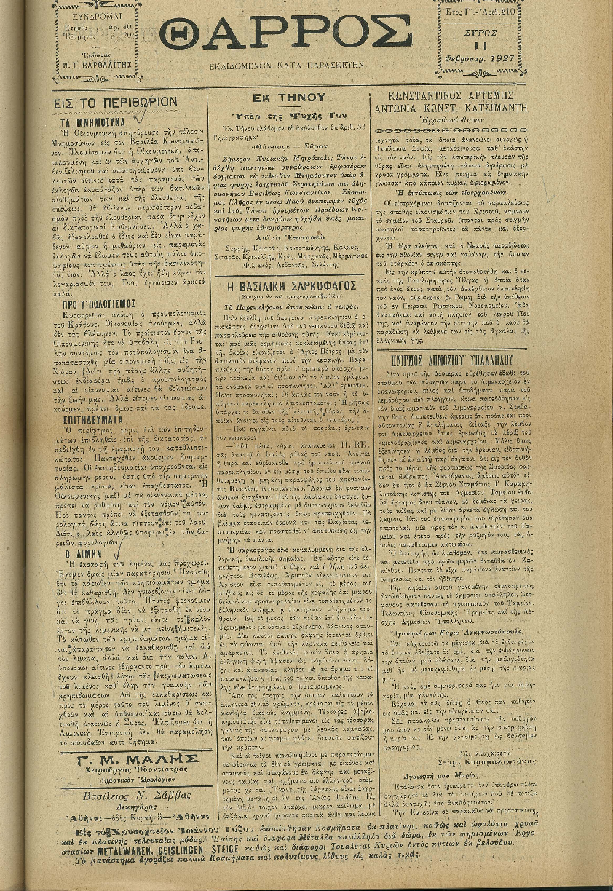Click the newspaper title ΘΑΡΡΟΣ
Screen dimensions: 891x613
click(285, 35)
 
